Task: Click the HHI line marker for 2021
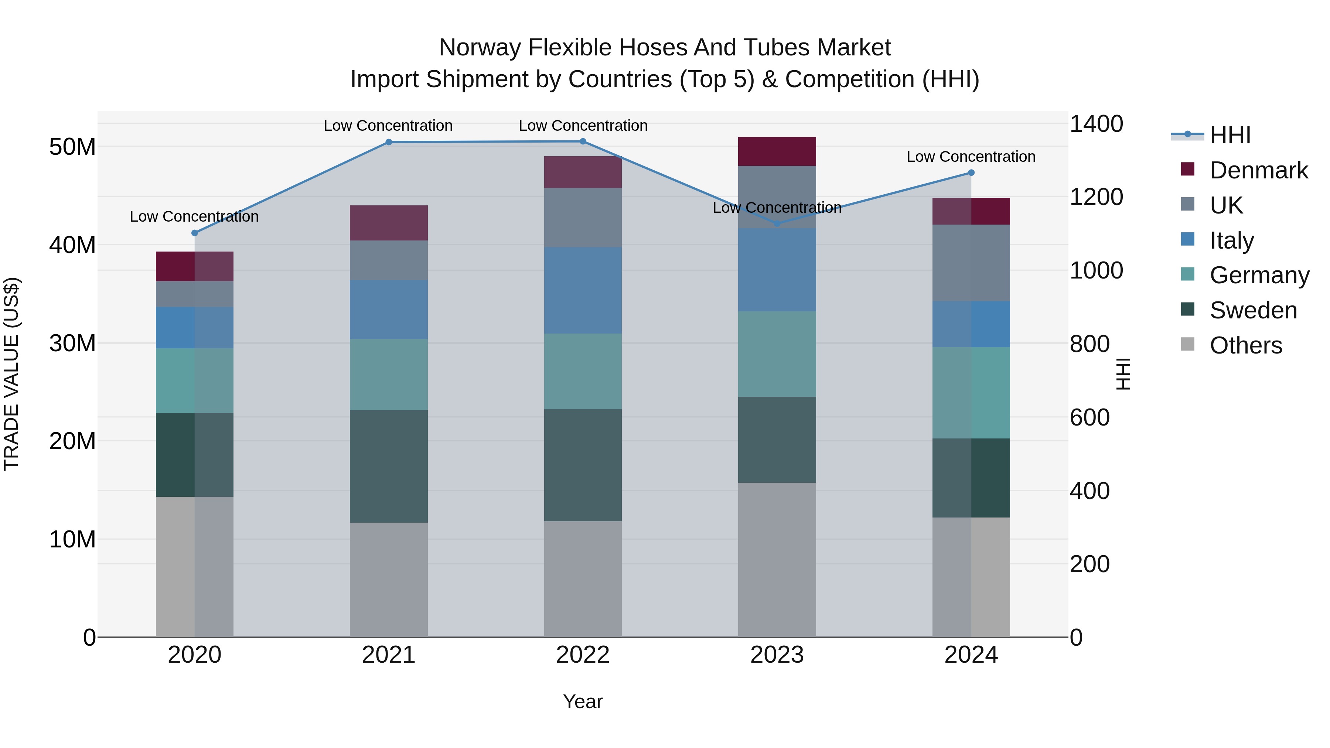pyautogui.click(x=389, y=142)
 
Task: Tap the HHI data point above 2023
pyautogui.click(x=777, y=223)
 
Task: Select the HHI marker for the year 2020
pyautogui.click(x=195, y=233)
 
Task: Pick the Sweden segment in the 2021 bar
pyautogui.click(x=389, y=466)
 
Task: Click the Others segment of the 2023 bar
pyautogui.click(x=777, y=560)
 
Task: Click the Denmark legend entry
pyautogui.click(x=1259, y=170)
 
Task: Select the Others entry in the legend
pyautogui.click(x=1245, y=345)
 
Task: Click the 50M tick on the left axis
pyautogui.click(x=72, y=147)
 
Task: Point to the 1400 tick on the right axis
pyautogui.click(x=1096, y=124)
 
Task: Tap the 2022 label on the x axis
pyautogui.click(x=583, y=655)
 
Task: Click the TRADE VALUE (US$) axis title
pyautogui.click(x=11, y=374)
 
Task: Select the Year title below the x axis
pyautogui.click(x=583, y=701)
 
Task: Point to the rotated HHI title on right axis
pyautogui.click(x=1123, y=374)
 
